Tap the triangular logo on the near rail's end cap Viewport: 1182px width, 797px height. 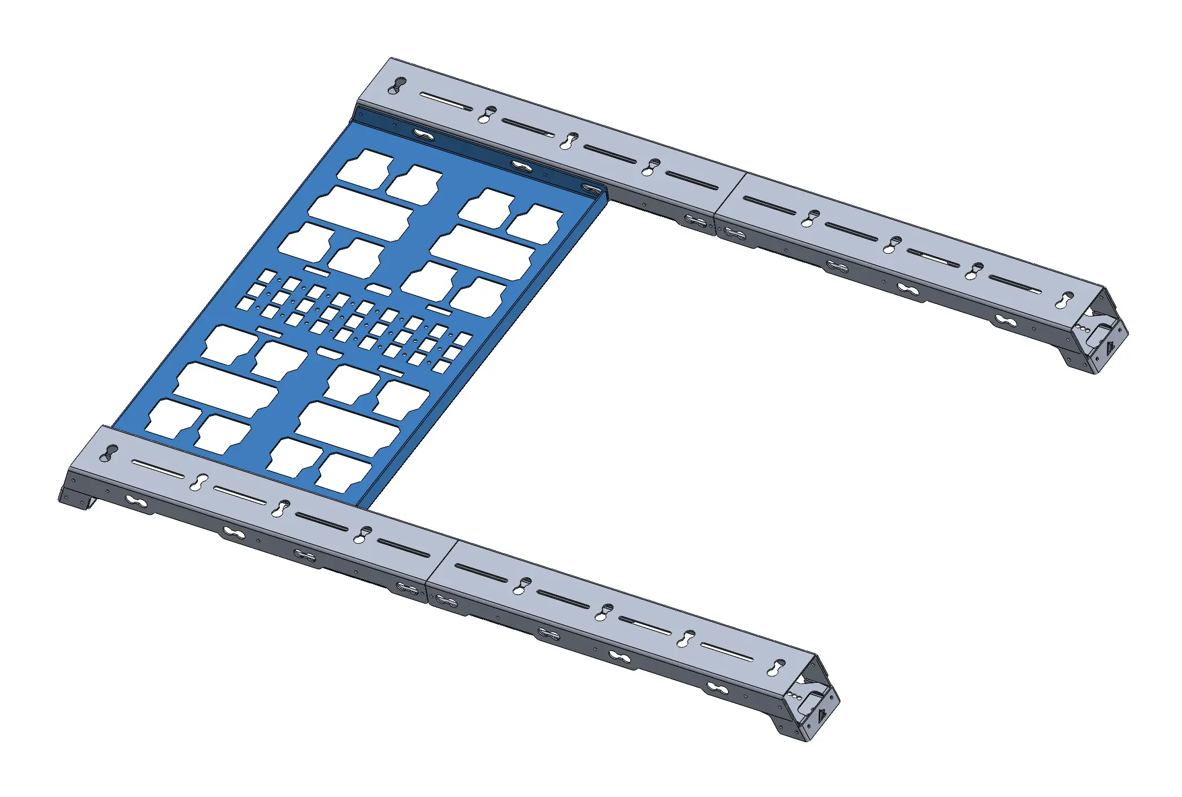click(822, 716)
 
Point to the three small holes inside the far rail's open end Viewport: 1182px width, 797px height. click(1084, 328)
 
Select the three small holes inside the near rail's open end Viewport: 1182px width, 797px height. click(796, 698)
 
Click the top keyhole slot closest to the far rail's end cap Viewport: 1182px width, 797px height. click(1066, 300)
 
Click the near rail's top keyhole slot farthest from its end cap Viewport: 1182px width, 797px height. click(109, 452)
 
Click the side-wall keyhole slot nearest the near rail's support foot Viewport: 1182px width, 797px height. click(136, 502)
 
